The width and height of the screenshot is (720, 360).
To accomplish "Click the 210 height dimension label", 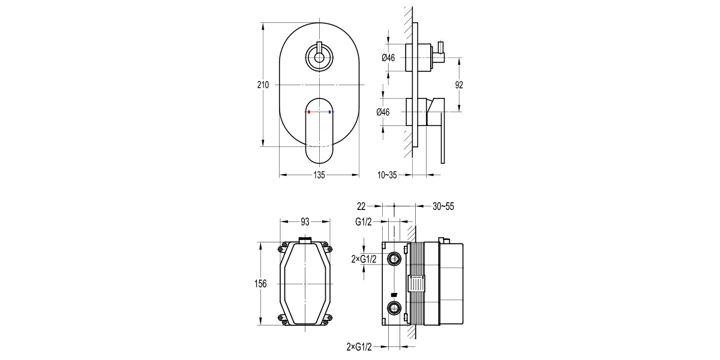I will pyautogui.click(x=263, y=85).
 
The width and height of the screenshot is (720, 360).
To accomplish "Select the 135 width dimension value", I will pyautogui.click(x=319, y=175).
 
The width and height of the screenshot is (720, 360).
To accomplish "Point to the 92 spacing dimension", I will pyautogui.click(x=459, y=85).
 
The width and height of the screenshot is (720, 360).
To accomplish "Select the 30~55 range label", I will pyautogui.click(x=443, y=206).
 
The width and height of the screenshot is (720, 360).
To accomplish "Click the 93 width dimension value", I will pyautogui.click(x=305, y=222).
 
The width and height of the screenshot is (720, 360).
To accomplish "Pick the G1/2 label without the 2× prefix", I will pyautogui.click(x=364, y=222).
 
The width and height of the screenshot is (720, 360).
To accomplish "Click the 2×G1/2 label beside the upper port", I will pyautogui.click(x=364, y=259).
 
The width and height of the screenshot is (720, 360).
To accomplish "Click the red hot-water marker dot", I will pyautogui.click(x=308, y=112).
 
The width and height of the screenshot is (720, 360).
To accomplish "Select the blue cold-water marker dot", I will pyautogui.click(x=330, y=112).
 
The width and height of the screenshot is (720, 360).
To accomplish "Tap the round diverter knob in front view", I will pyautogui.click(x=319, y=58).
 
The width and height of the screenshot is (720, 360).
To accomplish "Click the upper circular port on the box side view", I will pyautogui.click(x=394, y=259).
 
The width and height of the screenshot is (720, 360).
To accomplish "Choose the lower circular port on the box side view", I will pyautogui.click(x=394, y=309).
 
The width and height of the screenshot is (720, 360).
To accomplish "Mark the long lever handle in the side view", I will pyautogui.click(x=443, y=138).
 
